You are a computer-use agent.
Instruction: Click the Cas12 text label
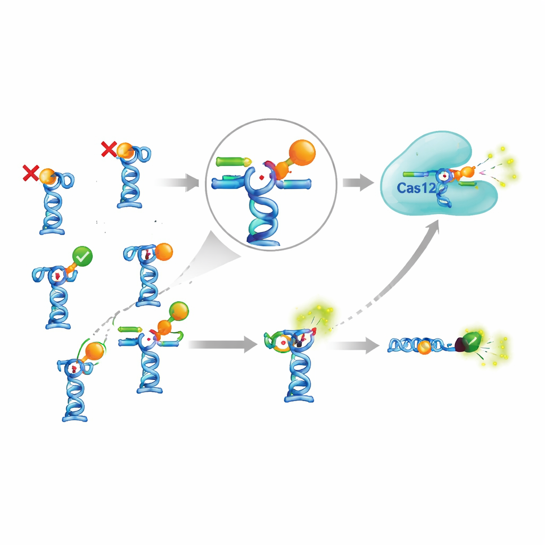tap(416, 188)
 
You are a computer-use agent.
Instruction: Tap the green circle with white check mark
tap(82, 257)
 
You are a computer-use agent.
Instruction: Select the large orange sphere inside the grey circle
tap(302, 153)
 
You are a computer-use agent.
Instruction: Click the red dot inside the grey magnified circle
tap(262, 178)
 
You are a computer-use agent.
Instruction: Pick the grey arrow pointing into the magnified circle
tap(177, 183)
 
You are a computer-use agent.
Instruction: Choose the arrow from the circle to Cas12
tap(358, 183)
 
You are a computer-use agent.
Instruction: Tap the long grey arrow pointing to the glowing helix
tap(223, 344)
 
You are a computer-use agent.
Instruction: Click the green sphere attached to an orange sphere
tap(179, 311)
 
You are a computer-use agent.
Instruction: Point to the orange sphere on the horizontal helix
tap(424, 347)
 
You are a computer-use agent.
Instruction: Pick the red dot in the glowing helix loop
tap(283, 343)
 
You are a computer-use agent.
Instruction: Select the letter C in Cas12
tap(401, 188)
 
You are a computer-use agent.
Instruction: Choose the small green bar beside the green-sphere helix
tap(130, 329)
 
